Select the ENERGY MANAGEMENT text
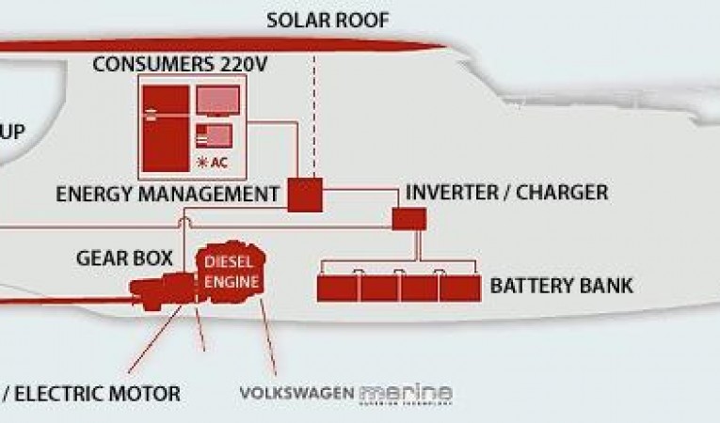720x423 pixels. tap(168, 195)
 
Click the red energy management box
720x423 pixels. tap(304, 195)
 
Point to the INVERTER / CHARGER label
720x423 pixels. tap(506, 194)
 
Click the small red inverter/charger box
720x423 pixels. tap(408, 219)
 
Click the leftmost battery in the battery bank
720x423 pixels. tap(337, 287)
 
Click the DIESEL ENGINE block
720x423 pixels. tap(231, 269)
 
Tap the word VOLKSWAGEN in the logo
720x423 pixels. tap(296, 393)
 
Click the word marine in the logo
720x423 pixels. tap(406, 392)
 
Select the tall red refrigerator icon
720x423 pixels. tap(165, 129)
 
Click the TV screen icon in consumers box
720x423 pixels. tap(216, 102)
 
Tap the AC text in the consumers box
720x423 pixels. tap(218, 162)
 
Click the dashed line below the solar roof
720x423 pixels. tap(313, 113)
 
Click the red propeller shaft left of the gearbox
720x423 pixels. tap(66, 300)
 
